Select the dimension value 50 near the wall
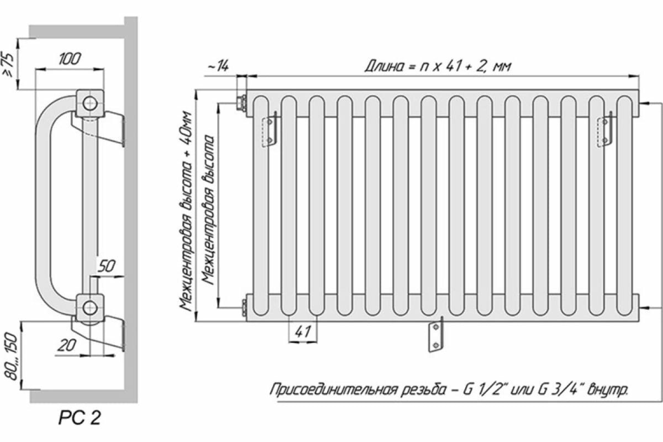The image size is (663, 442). (x=107, y=266)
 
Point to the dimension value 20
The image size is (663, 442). (x=67, y=345)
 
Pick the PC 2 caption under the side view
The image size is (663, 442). (x=80, y=419)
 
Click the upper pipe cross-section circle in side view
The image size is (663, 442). (x=89, y=102)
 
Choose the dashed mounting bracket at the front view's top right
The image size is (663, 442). (x=604, y=129)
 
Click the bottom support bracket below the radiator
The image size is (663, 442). (x=435, y=334)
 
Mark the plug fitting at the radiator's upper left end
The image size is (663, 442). (x=241, y=102)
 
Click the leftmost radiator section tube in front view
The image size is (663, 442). (x=260, y=204)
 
